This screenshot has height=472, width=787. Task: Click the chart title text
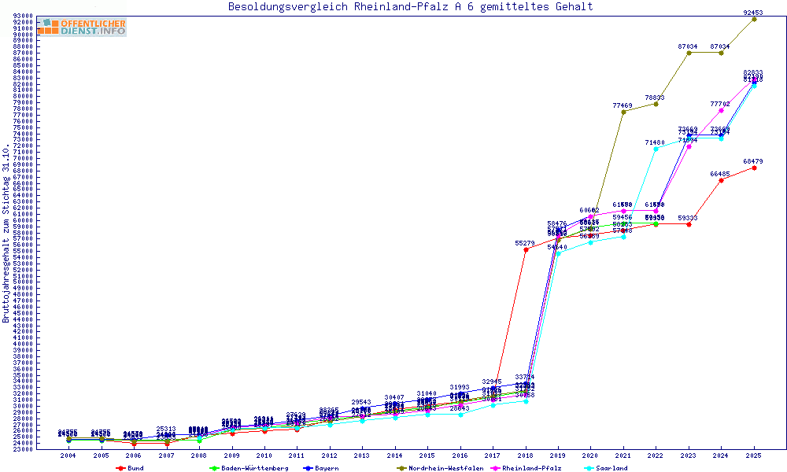pyautogui.click(x=410, y=7)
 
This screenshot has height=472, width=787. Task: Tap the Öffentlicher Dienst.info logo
pyautogui.click(x=82, y=28)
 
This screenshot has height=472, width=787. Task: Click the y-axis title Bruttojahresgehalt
pyautogui.click(x=6, y=233)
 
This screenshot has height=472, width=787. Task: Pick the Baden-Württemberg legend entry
pyautogui.click(x=248, y=468)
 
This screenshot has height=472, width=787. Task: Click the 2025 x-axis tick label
pyautogui.click(x=754, y=455)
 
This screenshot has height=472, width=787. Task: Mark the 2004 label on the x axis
pyautogui.click(x=68, y=455)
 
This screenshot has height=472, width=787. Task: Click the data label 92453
pyautogui.click(x=754, y=13)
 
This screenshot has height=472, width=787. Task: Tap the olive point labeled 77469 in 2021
pyautogui.click(x=623, y=112)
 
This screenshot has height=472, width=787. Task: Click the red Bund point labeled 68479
pyautogui.click(x=754, y=168)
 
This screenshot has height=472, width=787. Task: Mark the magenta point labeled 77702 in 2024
pyautogui.click(x=721, y=110)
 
